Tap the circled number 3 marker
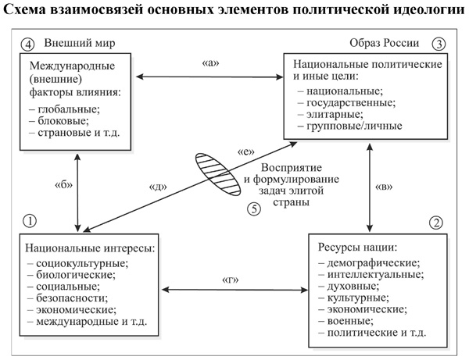(440, 43)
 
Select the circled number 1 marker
(29, 221)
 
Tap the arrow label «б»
(64, 186)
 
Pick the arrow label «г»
(231, 278)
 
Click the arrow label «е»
(243, 154)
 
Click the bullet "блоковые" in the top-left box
(64, 121)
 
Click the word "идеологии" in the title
(423, 10)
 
